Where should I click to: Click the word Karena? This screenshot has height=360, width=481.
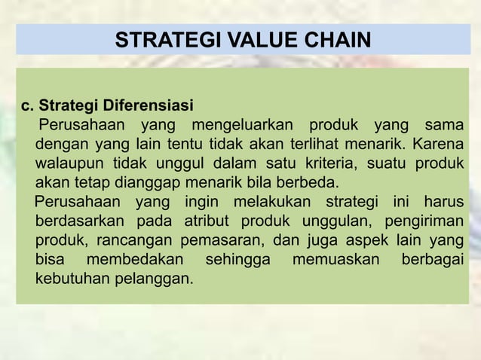[x=437, y=143]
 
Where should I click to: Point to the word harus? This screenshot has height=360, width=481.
[x=443, y=203]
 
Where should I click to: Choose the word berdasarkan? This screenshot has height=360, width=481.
[x=75, y=223]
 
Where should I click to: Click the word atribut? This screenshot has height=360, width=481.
[x=204, y=223]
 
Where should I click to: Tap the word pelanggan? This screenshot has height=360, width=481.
[x=155, y=282]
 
